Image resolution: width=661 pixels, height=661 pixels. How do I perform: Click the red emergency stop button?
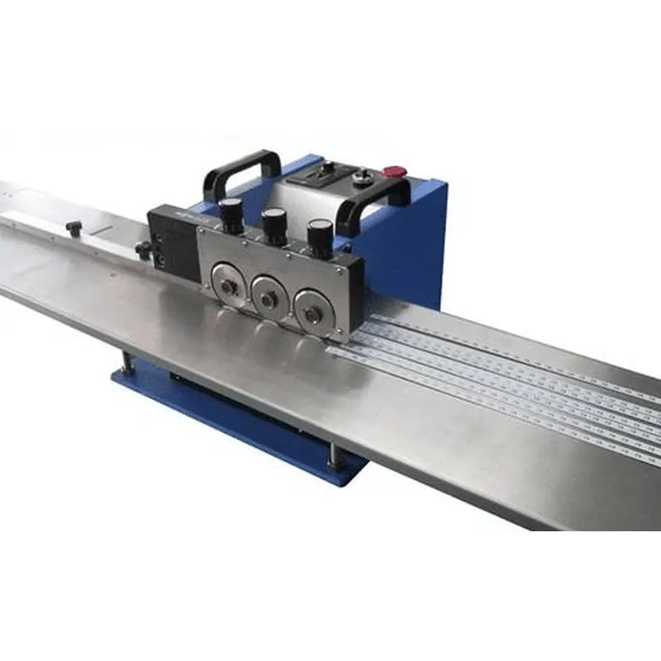tap(394, 172)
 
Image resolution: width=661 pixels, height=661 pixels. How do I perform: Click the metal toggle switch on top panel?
tap(360, 176)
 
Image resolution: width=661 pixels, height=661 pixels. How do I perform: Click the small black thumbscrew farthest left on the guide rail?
tap(74, 227)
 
